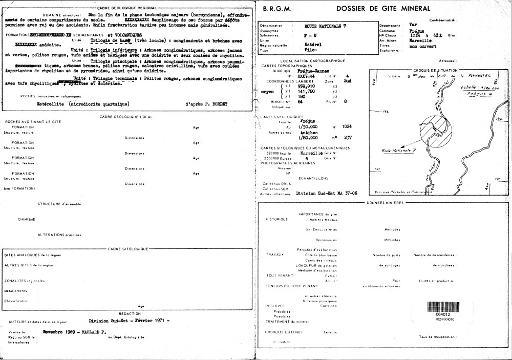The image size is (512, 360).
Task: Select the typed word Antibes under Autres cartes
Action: tap(308, 132)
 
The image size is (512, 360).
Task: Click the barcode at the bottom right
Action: tap(443, 307)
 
